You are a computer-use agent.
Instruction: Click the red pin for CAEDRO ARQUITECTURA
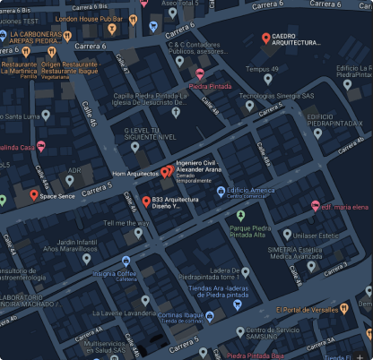pos(265,38)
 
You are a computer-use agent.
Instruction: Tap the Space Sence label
pos(60,194)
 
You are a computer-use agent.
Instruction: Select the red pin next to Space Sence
pos(34,194)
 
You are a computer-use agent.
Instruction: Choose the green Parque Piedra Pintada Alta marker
pos(240,214)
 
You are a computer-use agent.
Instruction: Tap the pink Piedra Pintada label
pos(212,87)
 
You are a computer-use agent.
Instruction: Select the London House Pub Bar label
pos(90,18)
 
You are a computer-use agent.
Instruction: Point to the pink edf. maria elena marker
pos(315,205)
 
